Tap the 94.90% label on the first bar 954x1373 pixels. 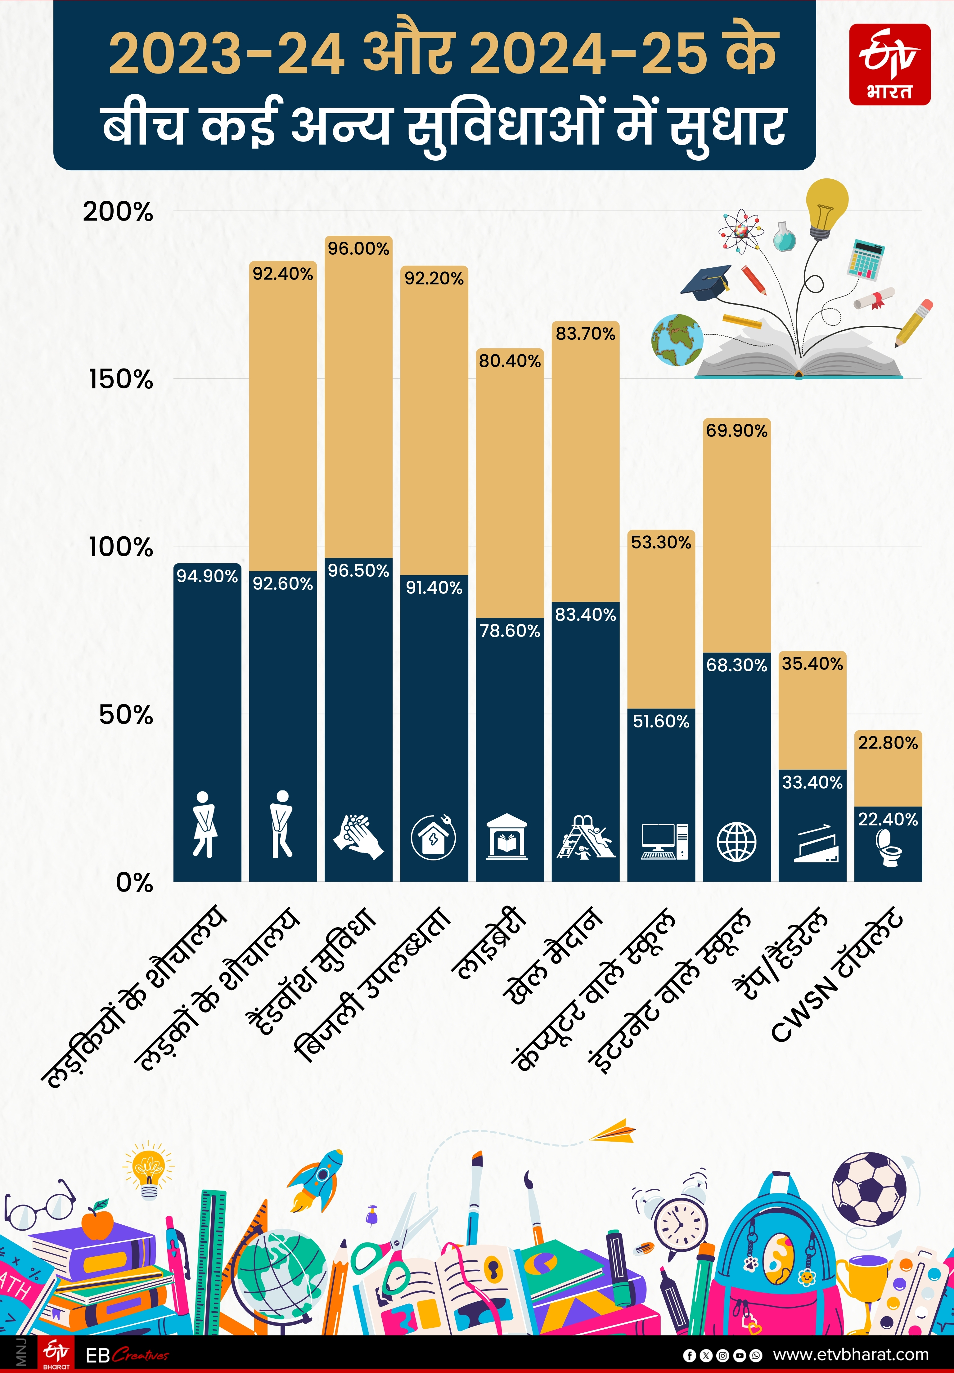[x=207, y=576]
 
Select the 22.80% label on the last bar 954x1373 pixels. [x=888, y=743]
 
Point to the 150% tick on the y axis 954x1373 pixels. [x=121, y=379]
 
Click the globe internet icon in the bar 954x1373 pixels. [x=736, y=841]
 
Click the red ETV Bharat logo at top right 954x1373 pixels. [x=889, y=65]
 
